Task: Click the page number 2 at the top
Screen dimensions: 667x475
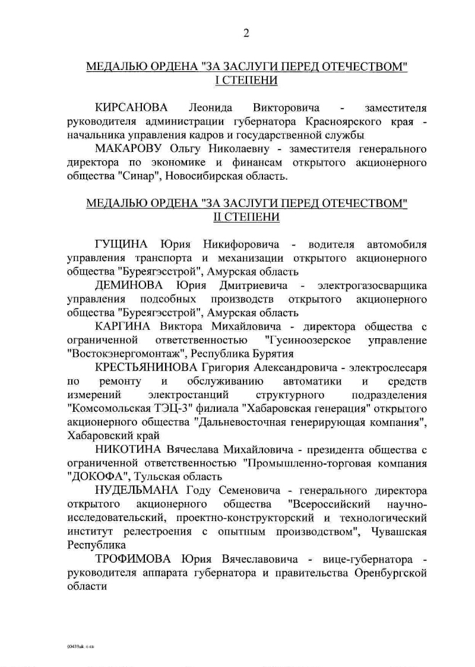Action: [x=246, y=33]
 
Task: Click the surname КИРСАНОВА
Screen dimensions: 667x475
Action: [x=131, y=108]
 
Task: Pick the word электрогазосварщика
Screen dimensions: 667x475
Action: [x=372, y=285]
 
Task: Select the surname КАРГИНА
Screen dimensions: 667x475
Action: [x=124, y=326]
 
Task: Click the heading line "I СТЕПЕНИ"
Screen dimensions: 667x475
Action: [x=246, y=80]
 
